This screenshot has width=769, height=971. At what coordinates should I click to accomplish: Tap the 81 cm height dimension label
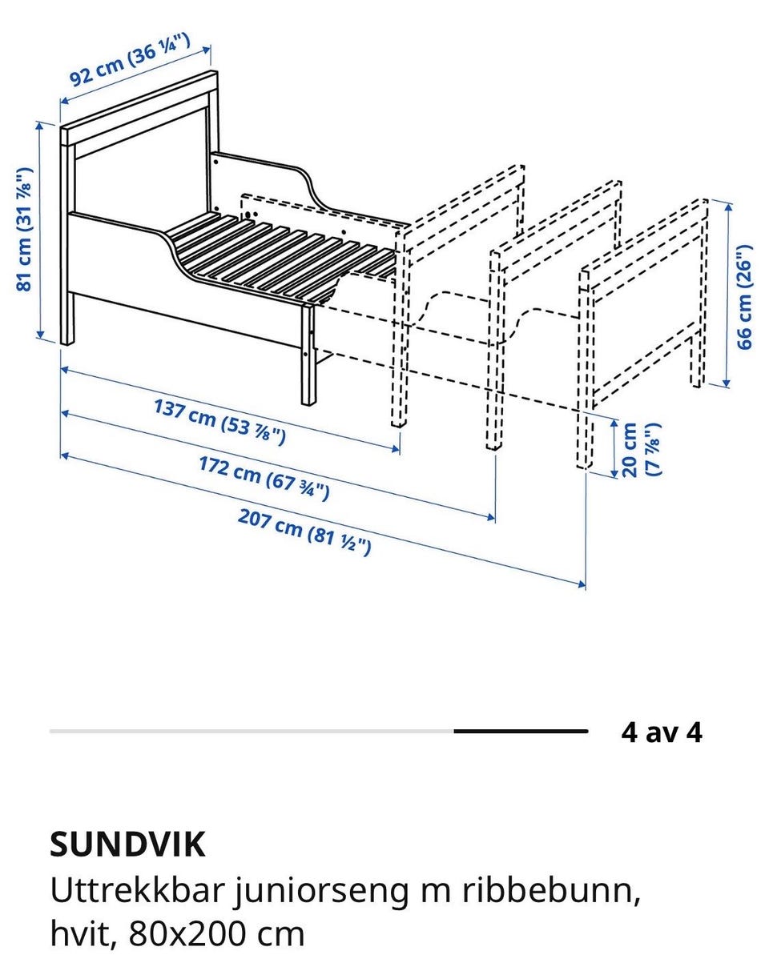click(x=26, y=229)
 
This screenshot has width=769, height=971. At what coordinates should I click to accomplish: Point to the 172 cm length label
click(x=264, y=477)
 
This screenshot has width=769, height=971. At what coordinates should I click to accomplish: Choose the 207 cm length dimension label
click(x=304, y=532)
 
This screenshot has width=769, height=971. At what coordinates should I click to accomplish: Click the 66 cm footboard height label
click(x=745, y=296)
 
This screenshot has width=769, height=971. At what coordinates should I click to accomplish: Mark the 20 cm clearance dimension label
click(x=641, y=450)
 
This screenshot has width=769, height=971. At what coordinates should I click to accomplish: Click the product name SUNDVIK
click(x=127, y=844)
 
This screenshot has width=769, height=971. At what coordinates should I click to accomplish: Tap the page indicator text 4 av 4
click(x=661, y=732)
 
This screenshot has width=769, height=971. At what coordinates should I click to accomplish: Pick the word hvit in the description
click(x=80, y=933)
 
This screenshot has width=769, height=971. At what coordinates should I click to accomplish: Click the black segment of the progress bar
click(x=521, y=732)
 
